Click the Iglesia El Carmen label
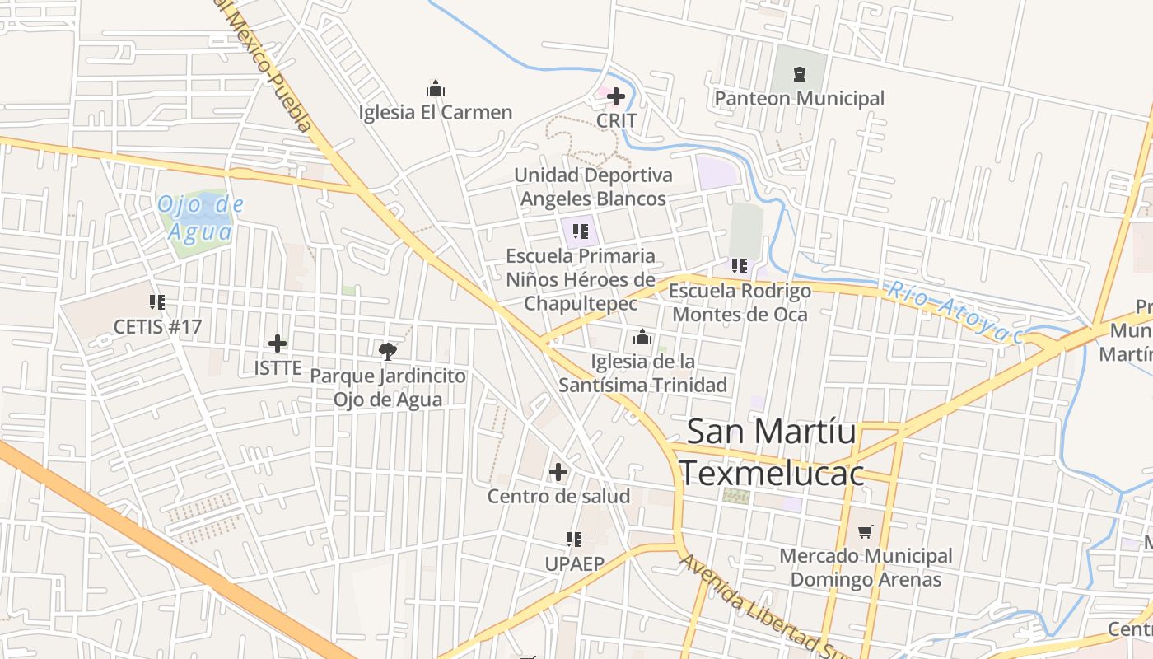(x=436, y=112)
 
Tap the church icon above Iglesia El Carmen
(x=436, y=88)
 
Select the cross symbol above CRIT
(x=615, y=96)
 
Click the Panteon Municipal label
(x=799, y=99)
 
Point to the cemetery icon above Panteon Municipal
(x=799, y=74)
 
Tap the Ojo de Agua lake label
(x=201, y=218)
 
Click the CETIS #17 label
(x=157, y=326)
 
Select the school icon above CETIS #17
(x=157, y=302)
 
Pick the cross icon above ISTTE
(x=278, y=344)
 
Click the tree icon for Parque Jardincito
(x=387, y=352)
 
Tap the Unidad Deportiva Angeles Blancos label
(x=593, y=187)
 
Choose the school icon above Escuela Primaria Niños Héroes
(x=581, y=231)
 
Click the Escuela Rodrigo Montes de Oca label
(x=740, y=302)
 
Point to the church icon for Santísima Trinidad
(x=642, y=337)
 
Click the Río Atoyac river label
(x=955, y=312)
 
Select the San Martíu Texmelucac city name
(x=772, y=452)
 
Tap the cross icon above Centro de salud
(x=558, y=472)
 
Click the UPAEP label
(x=574, y=563)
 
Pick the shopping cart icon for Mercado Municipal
(x=865, y=532)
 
